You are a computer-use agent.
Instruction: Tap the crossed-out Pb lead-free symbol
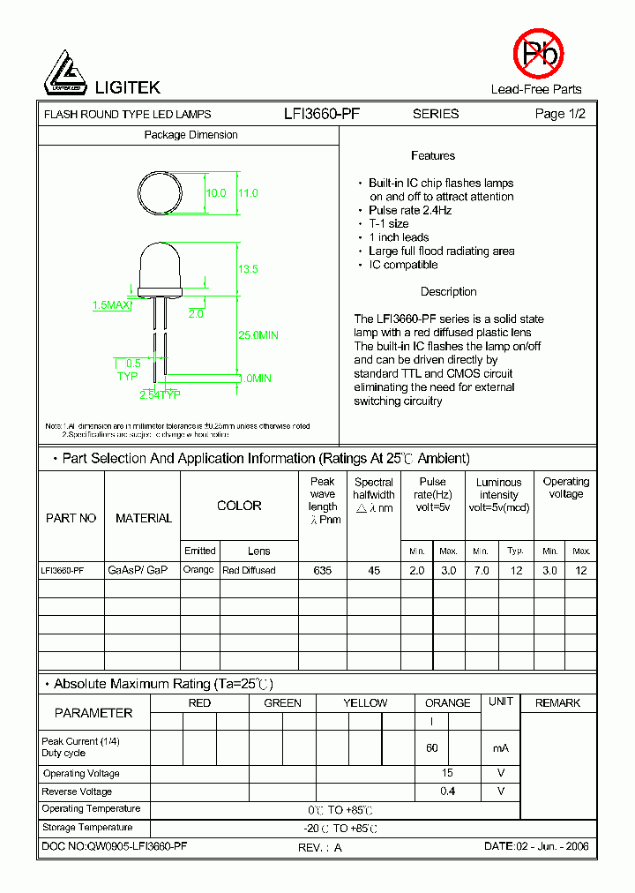[x=537, y=54]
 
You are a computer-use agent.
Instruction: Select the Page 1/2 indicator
[x=560, y=114]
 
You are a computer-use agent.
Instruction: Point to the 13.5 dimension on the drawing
[x=248, y=269]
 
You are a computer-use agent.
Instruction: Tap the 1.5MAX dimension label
[x=111, y=305]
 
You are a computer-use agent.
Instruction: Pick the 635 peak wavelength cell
[x=323, y=571]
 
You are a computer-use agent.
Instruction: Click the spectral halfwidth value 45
[x=374, y=571]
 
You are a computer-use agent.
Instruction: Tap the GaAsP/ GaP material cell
[x=138, y=571]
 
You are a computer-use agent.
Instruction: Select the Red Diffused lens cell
[x=249, y=571]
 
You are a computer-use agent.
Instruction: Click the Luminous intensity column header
[x=498, y=495]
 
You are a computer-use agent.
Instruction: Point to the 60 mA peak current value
[x=432, y=748]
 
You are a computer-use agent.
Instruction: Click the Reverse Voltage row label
[x=78, y=792]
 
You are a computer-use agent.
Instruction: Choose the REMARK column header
[x=557, y=703]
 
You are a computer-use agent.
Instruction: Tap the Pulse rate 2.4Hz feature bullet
[x=410, y=211]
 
